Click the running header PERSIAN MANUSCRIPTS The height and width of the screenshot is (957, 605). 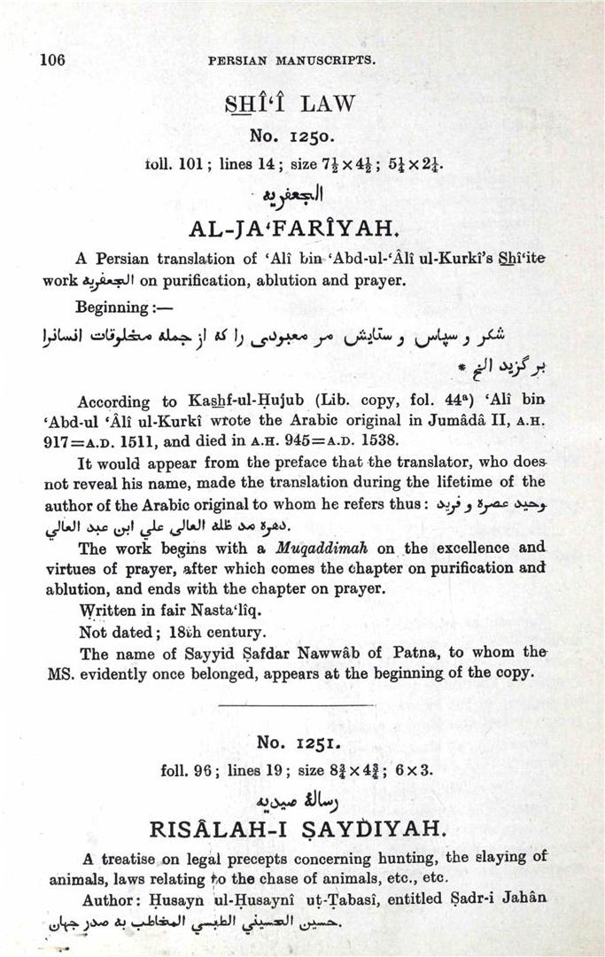point(291,61)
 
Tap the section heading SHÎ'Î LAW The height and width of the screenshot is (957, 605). point(290,104)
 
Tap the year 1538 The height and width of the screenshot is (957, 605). point(379,439)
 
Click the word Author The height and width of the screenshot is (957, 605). point(107,898)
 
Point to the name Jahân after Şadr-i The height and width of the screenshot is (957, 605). point(523,898)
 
